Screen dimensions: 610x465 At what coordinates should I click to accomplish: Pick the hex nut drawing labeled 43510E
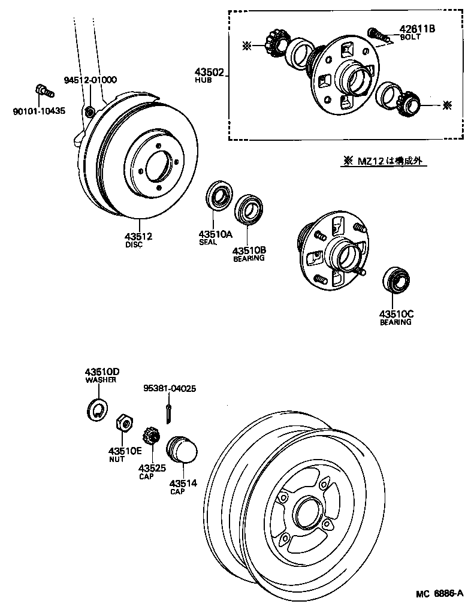123,423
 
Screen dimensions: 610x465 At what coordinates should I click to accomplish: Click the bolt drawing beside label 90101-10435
43,91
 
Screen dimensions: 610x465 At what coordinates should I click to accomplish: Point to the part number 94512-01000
90,80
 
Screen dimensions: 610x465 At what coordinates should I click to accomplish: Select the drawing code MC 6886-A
439,594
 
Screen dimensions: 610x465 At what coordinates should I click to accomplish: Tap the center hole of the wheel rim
306,511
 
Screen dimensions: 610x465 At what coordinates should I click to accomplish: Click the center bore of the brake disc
158,166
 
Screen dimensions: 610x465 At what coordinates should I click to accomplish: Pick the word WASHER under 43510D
101,380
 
